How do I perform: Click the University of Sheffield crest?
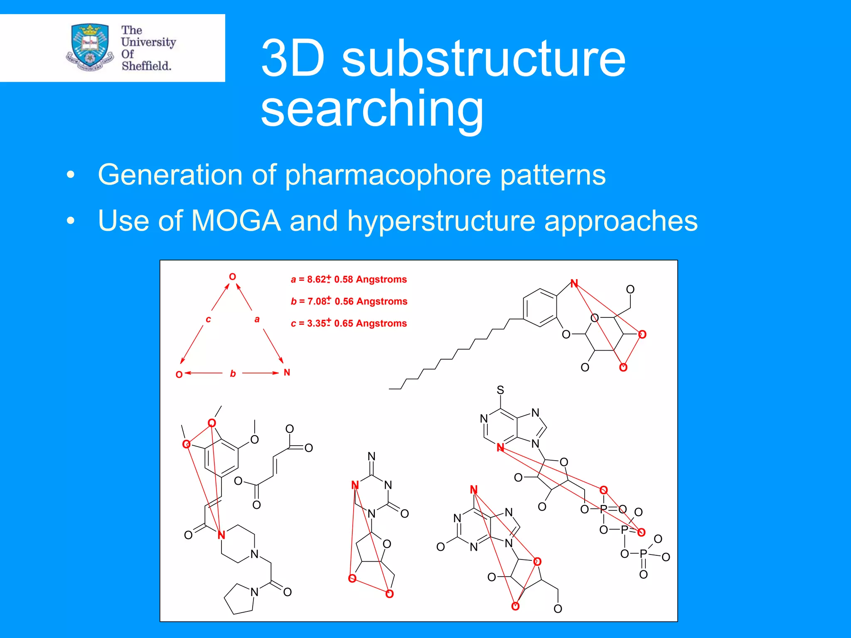[x=89, y=47]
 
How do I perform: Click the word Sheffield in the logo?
[x=146, y=66]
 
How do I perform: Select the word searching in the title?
[x=372, y=109]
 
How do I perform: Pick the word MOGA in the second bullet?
[x=236, y=221]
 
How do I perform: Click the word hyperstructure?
[x=441, y=221]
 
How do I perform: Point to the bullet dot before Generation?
[x=71, y=175]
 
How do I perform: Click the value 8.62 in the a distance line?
[x=316, y=280]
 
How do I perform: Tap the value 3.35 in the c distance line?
[x=316, y=324]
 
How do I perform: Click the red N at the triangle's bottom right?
[x=287, y=373]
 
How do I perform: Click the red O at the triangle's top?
[x=233, y=277]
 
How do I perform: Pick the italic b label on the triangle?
[x=233, y=373]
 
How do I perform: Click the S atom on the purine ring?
[x=500, y=390]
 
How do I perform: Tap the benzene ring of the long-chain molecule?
[x=540, y=308]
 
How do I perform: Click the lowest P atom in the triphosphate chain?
[x=643, y=554]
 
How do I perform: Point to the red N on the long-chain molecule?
[x=574, y=284]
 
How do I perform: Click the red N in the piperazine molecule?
[x=221, y=535]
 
